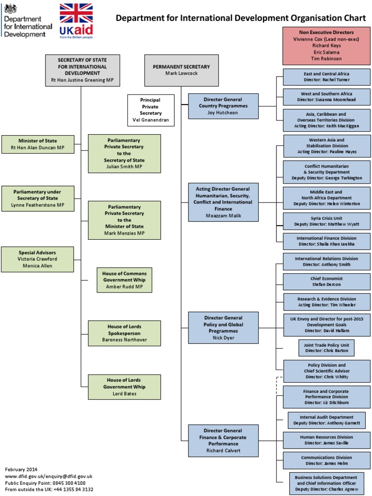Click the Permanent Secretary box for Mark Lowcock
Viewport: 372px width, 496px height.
click(x=181, y=70)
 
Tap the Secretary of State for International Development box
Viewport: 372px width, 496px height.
click(x=82, y=70)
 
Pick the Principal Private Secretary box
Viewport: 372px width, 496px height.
click(x=151, y=110)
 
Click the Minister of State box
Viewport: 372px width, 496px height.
click(x=37, y=144)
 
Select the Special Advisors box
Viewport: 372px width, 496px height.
click(x=37, y=259)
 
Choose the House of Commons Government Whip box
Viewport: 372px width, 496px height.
click(x=124, y=280)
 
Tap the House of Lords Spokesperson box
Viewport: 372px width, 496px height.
click(x=124, y=333)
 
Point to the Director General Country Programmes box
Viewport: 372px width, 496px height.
click(x=223, y=106)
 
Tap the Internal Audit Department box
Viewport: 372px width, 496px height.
click(x=326, y=420)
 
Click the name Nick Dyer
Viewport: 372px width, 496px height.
click(x=223, y=338)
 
